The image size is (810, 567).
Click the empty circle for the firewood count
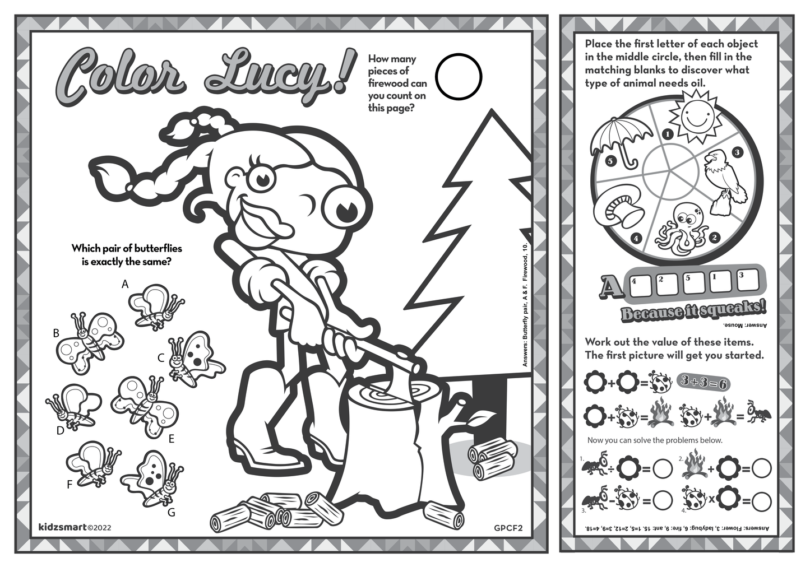click(x=459, y=77)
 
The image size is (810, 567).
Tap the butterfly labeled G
click(x=153, y=478)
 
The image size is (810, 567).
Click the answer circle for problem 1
click(x=662, y=470)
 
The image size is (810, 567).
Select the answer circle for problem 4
click(x=762, y=501)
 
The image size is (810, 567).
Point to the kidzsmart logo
click(x=62, y=527)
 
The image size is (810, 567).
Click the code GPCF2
click(x=508, y=528)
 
